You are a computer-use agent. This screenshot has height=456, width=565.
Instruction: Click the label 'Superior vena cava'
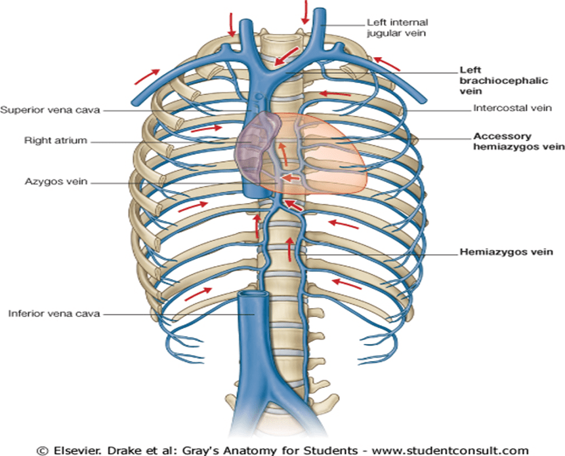(x=51, y=110)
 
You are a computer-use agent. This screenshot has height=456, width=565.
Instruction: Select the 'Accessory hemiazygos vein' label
(x=518, y=142)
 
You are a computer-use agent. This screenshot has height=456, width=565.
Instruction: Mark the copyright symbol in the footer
(x=41, y=449)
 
